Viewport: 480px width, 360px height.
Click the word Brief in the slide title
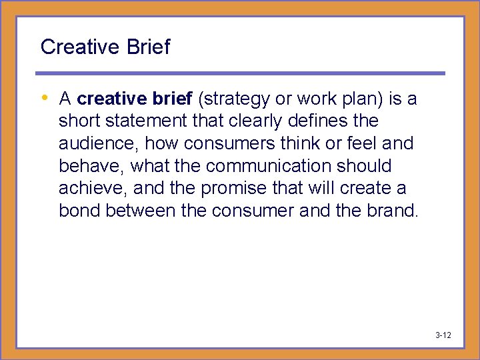(x=149, y=47)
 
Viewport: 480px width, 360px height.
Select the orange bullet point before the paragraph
(x=45, y=98)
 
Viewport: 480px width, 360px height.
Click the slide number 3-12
(x=443, y=335)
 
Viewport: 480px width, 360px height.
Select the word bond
(x=78, y=211)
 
